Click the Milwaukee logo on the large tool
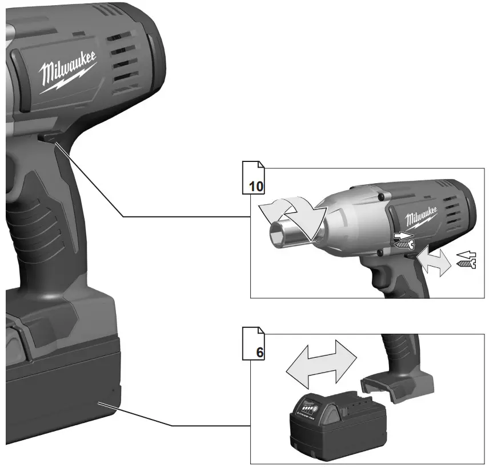coord(67,71)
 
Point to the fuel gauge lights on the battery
coord(307,409)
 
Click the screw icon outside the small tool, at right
coord(467,264)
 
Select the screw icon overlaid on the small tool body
coord(403,244)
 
